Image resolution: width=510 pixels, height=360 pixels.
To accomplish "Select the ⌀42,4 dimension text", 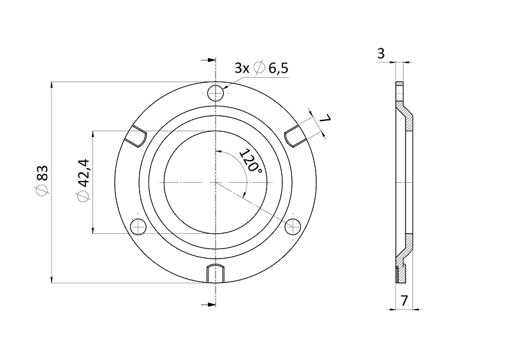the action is coord(84,180).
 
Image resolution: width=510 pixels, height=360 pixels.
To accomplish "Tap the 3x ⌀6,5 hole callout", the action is coord(261,68).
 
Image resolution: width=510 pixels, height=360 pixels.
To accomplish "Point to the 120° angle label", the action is coord(251,161).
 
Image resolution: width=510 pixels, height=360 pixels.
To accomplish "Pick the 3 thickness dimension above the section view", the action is coord(381,53).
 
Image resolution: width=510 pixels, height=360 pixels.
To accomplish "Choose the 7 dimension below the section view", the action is coord(404,301).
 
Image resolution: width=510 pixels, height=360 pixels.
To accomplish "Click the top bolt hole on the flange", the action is coord(215,93).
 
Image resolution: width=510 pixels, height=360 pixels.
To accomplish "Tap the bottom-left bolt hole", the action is coord(138,226).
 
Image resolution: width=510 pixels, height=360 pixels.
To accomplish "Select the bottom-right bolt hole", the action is coord(293,226).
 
